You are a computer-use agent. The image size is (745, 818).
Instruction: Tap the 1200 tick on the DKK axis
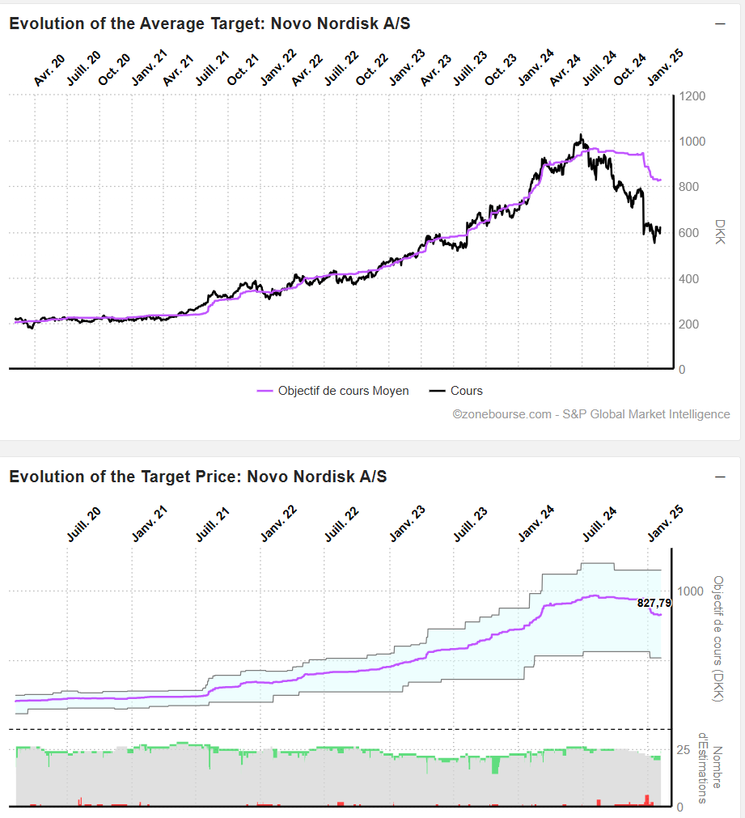[693, 96]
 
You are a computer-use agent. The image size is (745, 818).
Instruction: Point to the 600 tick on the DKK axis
[690, 233]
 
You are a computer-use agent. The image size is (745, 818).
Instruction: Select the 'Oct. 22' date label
[372, 70]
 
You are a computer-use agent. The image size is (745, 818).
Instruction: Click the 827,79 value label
[654, 603]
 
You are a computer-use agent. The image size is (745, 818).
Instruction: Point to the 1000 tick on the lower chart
[690, 591]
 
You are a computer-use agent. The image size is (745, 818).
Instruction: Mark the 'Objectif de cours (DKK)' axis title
[717, 639]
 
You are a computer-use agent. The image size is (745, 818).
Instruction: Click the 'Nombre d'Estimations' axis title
[717, 769]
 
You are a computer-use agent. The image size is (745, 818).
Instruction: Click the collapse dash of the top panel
[720, 23]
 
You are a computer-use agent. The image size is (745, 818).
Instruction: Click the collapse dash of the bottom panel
[720, 477]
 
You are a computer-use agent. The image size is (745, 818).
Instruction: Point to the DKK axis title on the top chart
[719, 232]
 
